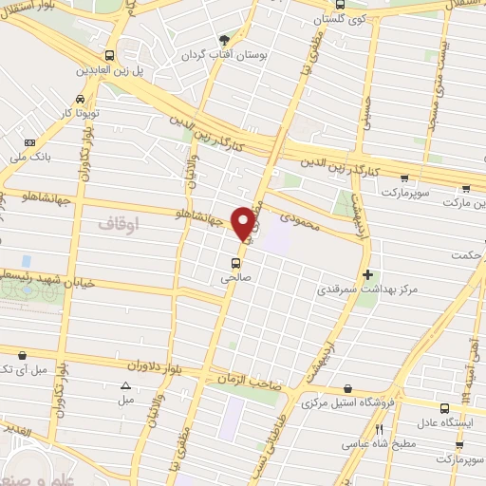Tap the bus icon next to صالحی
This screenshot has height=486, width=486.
point(235,263)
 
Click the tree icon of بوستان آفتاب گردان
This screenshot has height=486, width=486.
point(224,39)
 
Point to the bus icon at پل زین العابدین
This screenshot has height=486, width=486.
point(110,55)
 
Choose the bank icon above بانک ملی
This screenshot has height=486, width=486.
point(31,142)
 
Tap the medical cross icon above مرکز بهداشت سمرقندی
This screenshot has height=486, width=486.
point(368,273)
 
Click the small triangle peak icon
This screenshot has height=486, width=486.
point(125,385)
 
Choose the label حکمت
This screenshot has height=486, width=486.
point(467,254)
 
